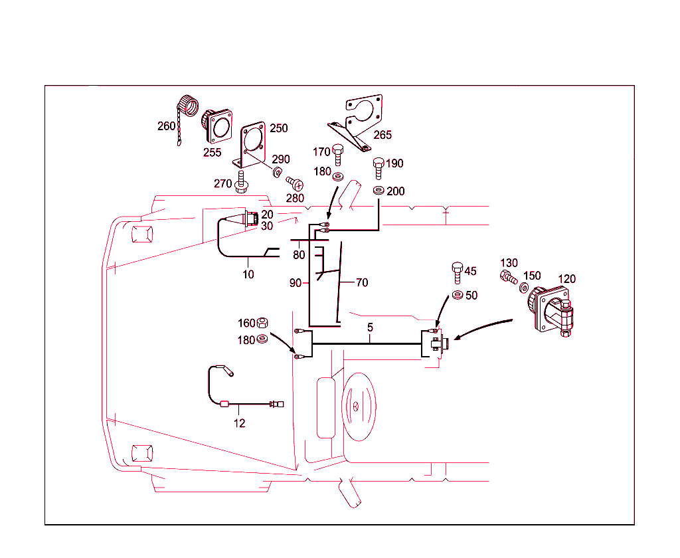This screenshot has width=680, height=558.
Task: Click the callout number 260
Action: pos(166,126)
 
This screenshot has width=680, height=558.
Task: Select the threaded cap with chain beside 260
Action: pos(186,110)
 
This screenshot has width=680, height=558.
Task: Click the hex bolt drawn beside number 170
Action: pos(337,155)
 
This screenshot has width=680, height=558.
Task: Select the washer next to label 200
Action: pos(378,191)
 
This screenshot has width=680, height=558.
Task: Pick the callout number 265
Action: pos(382,135)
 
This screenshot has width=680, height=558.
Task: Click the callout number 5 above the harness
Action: pos(370,327)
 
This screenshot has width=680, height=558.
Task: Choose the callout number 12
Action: pos(239,423)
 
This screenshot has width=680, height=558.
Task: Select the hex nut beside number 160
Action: pos(262,323)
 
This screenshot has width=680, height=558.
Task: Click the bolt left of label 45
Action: pos(457,272)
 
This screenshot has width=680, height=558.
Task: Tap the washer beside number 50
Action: pos(457,295)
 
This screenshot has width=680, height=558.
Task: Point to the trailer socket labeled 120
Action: pos(551,309)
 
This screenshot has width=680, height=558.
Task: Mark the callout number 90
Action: pos(296,283)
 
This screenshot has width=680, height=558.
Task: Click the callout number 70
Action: pos(361,282)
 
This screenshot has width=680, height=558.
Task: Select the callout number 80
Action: pos(299,254)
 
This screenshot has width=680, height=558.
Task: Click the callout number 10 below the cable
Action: pos(248,274)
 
